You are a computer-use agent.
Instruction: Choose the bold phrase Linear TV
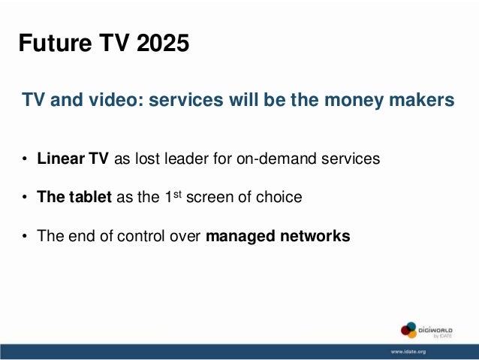click(x=74, y=159)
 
